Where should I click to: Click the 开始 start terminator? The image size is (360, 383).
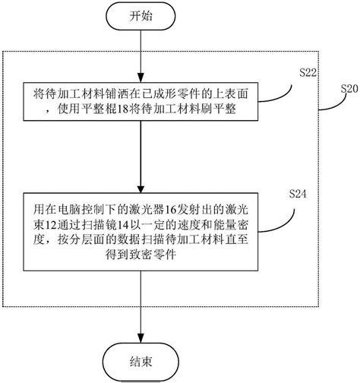coord(141,17)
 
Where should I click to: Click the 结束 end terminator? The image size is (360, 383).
coord(141,362)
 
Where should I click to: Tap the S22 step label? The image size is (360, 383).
coord(308,73)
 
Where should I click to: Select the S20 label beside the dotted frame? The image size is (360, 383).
coord(349,89)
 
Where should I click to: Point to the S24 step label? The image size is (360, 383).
coord(298,194)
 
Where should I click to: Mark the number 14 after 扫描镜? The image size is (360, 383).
coord(122,225)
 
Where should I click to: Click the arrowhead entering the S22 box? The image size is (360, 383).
coord(141,78)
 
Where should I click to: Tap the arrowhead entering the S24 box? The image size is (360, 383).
coord(141,188)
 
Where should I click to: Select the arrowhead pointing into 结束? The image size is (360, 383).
coord(141,338)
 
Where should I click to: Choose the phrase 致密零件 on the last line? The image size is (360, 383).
coord(141,255)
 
